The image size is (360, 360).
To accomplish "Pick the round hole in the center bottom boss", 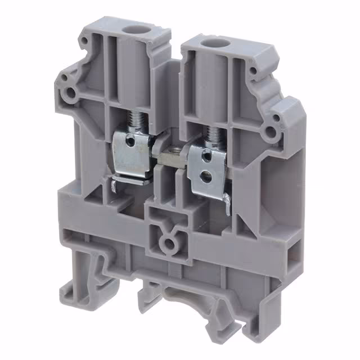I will [167, 243].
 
